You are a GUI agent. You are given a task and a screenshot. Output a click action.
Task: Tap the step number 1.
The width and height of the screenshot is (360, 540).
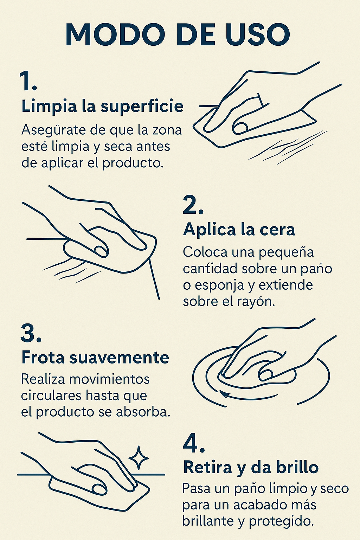pos(28,81)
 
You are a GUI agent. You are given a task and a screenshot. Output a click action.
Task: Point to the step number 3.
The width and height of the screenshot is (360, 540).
pos(31,333)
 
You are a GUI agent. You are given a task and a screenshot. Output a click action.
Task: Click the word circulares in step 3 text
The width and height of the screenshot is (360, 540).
pos(51,396)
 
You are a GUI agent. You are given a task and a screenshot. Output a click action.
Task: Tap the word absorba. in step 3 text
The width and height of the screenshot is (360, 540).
pos(143,412)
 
